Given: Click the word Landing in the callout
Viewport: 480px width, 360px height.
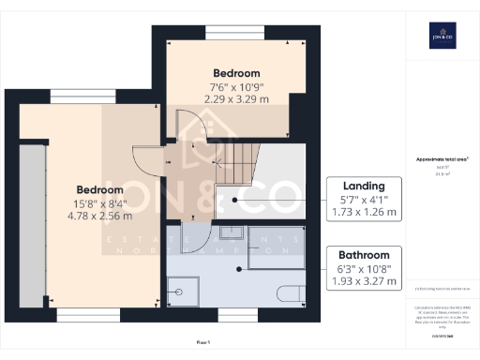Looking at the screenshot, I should pos(363,187).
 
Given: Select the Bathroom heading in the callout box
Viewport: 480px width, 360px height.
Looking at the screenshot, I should pos(363,255).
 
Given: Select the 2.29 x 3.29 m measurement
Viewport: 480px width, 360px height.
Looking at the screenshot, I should pos(236,97).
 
